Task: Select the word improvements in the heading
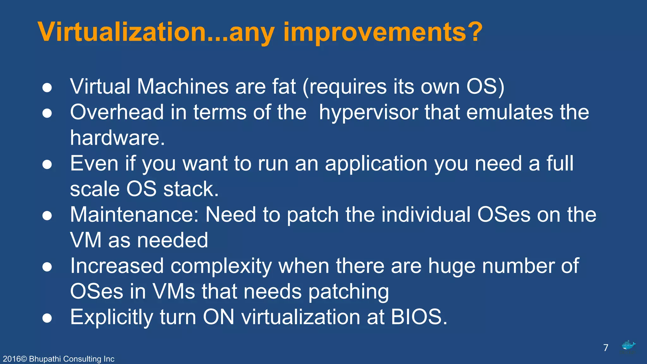click(375, 32)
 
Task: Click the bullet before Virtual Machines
click(47, 88)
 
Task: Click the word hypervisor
click(368, 112)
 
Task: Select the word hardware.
click(117, 138)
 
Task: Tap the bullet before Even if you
click(47, 165)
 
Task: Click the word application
click(376, 164)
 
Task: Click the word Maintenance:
click(134, 215)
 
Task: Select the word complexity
click(221, 266)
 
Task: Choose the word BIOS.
click(419, 317)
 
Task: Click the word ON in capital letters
click(218, 317)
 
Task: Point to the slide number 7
click(606, 348)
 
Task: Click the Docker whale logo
click(628, 347)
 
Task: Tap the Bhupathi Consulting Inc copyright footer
click(59, 359)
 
